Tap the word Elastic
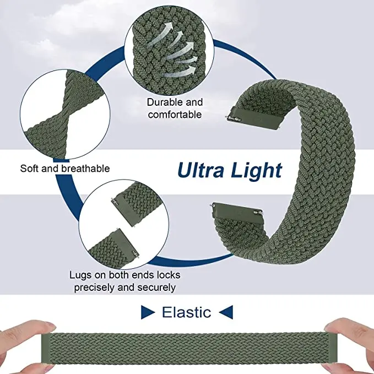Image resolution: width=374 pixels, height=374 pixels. tap(186, 313)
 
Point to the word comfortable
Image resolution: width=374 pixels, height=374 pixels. tap(174, 115)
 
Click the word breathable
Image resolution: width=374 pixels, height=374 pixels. tap(84, 169)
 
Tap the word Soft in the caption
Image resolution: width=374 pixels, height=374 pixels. tap(30, 169)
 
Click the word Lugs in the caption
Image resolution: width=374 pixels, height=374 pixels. tap(80, 275)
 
